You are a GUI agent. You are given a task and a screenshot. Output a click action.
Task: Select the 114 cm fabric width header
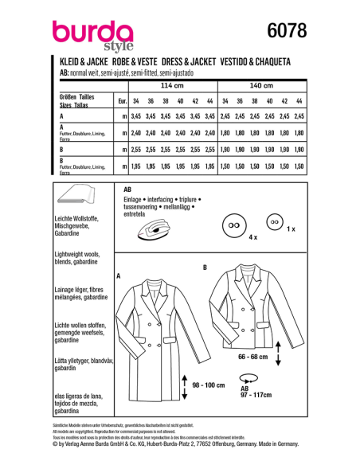(173, 86)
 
